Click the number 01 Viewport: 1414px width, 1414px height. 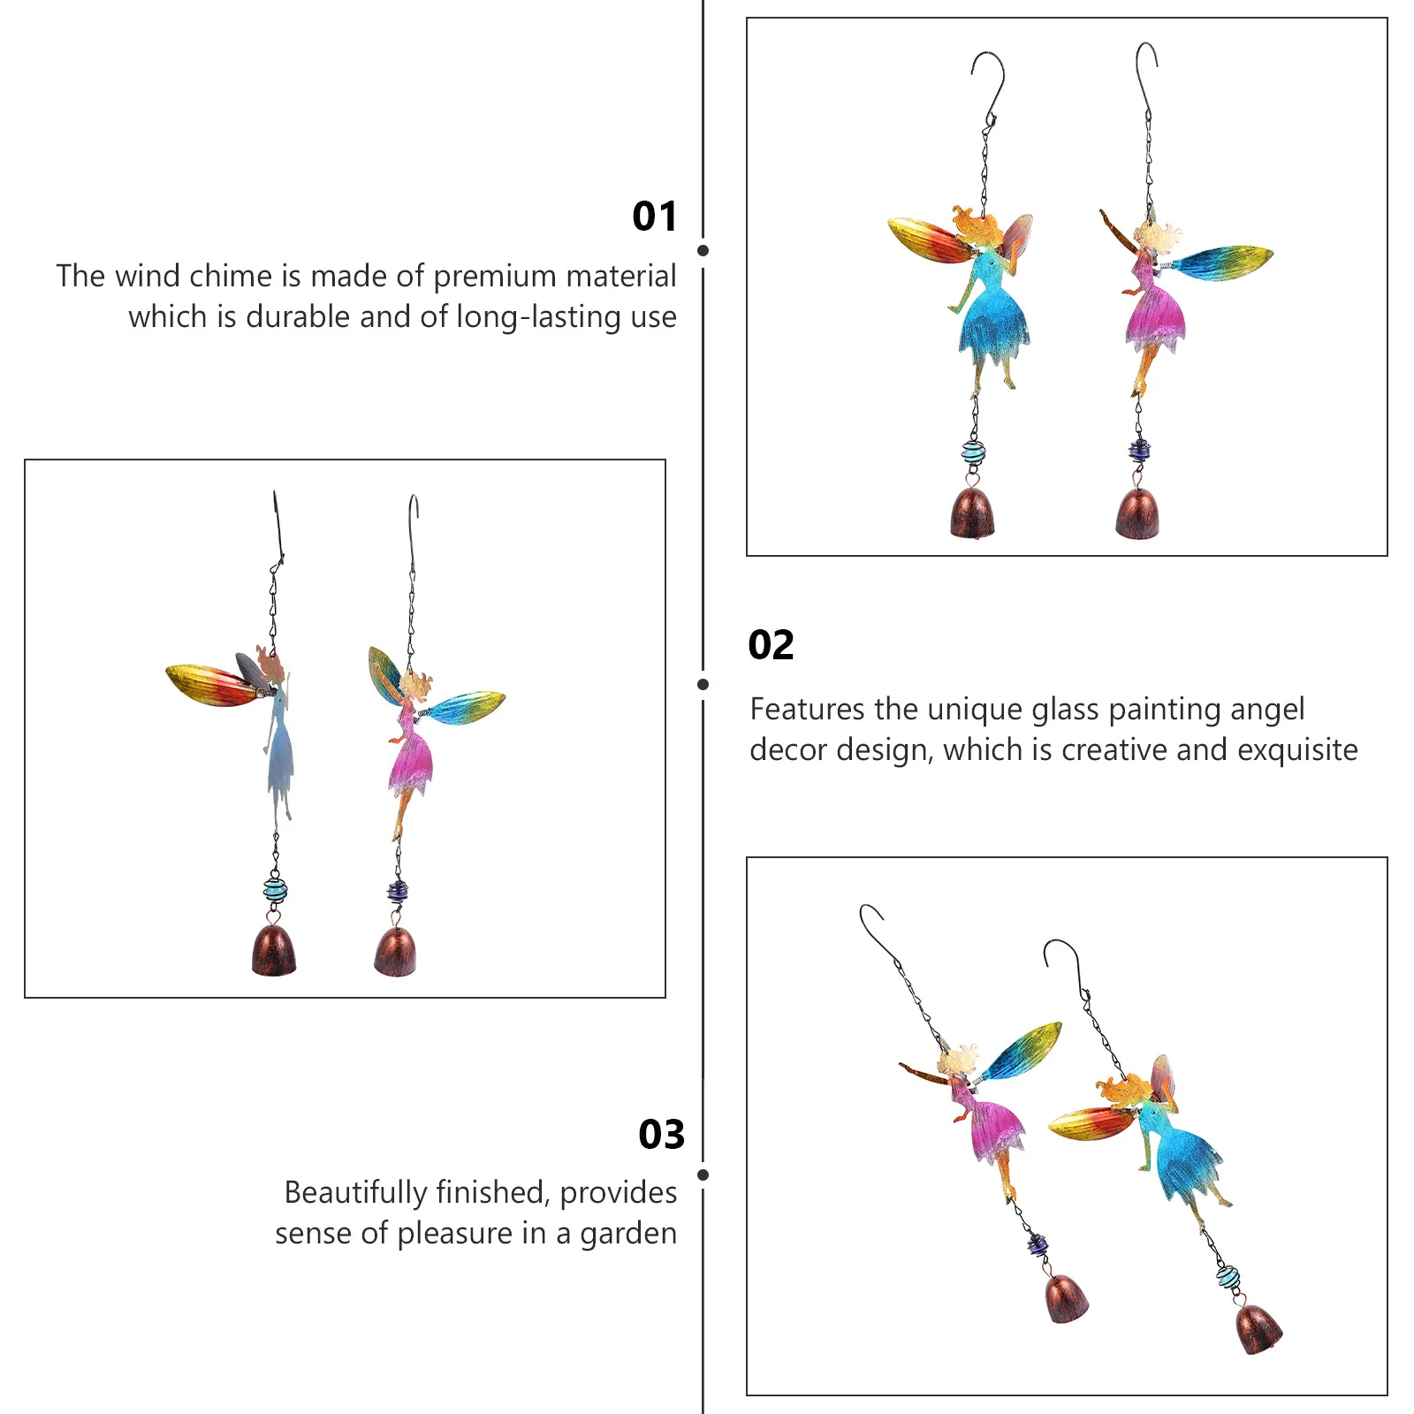(x=655, y=217)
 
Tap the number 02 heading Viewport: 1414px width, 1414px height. (x=771, y=645)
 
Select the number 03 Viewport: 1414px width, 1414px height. (x=661, y=1135)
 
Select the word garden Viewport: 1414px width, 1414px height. (x=627, y=1234)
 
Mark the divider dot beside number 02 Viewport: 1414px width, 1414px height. (x=703, y=684)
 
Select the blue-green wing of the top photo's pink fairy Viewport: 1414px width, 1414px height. (x=1224, y=262)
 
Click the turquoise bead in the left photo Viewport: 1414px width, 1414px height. (x=275, y=888)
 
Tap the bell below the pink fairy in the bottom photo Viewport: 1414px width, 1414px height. (x=1066, y=1299)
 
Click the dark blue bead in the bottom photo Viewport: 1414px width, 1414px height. (x=1037, y=1247)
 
